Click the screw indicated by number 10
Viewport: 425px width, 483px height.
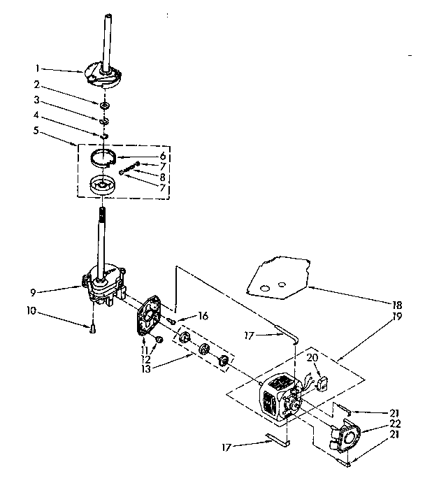coord(92,325)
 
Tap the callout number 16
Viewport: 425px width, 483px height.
coord(203,316)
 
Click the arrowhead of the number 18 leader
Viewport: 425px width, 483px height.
coord(310,287)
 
